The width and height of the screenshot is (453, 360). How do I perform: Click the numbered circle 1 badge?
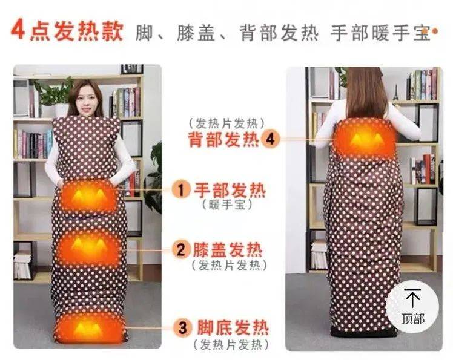[x=181, y=190]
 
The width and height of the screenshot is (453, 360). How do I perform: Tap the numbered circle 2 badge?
[x=181, y=249]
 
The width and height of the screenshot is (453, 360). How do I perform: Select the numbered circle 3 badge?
[x=182, y=328]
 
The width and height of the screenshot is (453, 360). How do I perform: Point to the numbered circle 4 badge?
[x=270, y=139]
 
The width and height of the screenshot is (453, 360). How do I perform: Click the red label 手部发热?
[x=230, y=190]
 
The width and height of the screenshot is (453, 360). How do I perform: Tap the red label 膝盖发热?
[x=228, y=250]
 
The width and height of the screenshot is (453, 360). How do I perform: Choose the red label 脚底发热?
[x=233, y=328]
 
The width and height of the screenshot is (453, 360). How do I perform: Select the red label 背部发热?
[x=224, y=139]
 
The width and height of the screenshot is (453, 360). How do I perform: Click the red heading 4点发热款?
[x=67, y=30]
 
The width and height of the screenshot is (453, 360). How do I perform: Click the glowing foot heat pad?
[x=88, y=328]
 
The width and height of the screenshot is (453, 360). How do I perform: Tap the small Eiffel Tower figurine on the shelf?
[x=395, y=92]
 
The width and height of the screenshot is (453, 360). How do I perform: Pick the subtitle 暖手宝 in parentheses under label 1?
[x=228, y=205]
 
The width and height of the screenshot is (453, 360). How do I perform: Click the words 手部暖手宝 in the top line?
[x=380, y=33]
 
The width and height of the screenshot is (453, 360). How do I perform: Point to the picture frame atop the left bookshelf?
[x=132, y=70]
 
